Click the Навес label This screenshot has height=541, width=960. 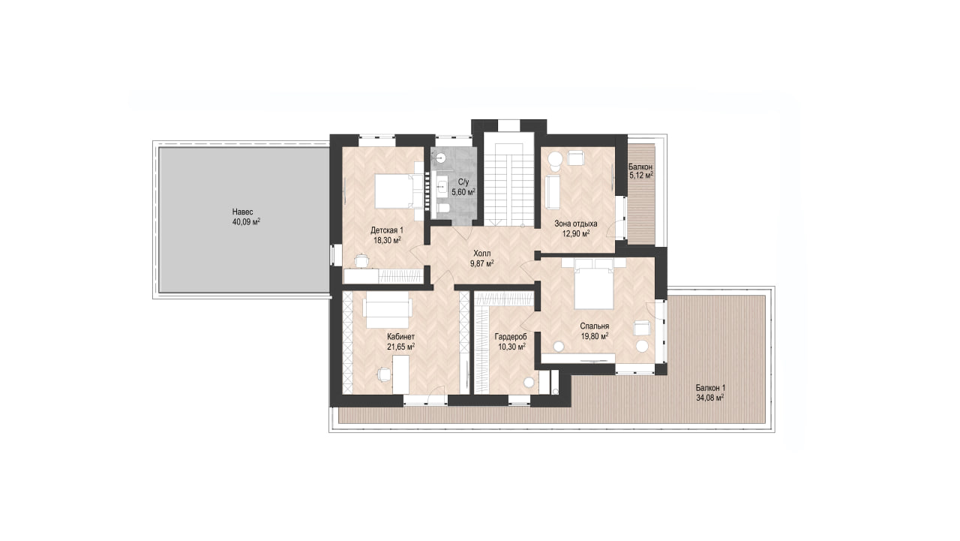(242, 212)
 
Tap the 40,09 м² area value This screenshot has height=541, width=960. (246, 222)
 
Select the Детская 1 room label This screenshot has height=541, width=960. (387, 230)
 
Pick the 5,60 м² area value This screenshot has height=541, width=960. (463, 192)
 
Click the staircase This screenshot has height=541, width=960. (508, 185)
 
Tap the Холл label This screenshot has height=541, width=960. (481, 254)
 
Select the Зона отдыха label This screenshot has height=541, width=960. (575, 224)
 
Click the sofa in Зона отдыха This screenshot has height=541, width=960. (553, 192)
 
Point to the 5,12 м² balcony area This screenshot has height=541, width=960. (640, 176)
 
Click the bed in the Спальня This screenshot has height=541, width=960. (593, 284)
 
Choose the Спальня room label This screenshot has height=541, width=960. (595, 326)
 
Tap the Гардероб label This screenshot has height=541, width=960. (511, 336)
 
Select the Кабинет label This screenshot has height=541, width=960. (400, 336)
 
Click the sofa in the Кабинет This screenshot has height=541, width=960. (388, 310)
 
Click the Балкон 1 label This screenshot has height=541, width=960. (710, 388)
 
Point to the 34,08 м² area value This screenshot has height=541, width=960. (710, 398)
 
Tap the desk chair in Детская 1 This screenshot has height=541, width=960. (361, 260)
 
